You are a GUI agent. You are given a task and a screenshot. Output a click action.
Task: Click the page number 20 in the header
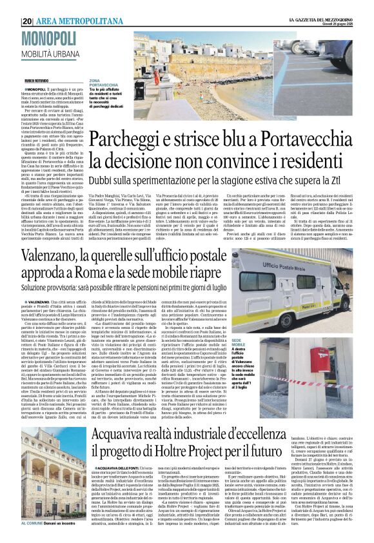click(26, 21)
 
